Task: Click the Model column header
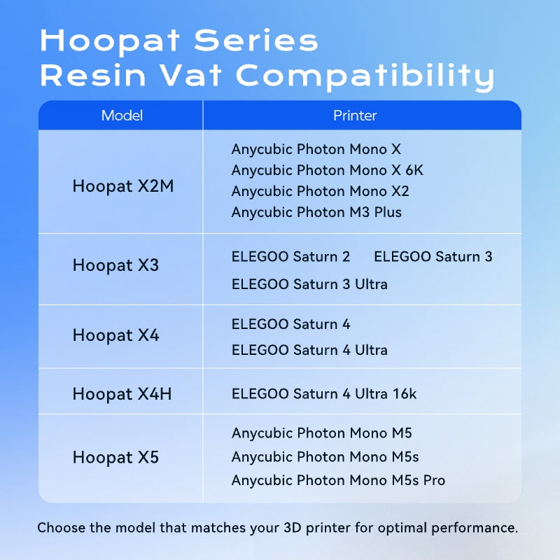click(x=122, y=115)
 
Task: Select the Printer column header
click(x=355, y=115)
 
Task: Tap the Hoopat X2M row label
click(x=123, y=187)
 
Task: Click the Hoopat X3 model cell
click(x=115, y=265)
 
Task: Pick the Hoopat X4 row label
click(x=115, y=335)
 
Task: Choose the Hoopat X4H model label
click(x=122, y=394)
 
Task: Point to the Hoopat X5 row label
click(x=115, y=458)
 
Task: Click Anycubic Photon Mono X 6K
click(x=327, y=170)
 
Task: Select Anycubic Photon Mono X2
click(x=320, y=191)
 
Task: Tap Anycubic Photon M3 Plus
click(x=316, y=212)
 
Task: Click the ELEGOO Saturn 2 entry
click(x=290, y=257)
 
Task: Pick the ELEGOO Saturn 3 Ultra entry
click(x=309, y=284)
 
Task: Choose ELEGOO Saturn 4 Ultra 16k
click(x=323, y=394)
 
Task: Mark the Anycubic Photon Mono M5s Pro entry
click(x=338, y=480)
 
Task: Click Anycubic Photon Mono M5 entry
click(x=321, y=433)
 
